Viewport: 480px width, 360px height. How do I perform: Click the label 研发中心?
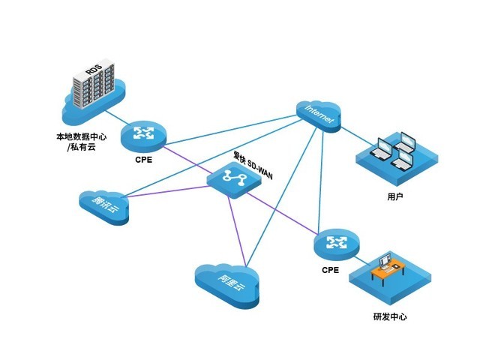(389, 316)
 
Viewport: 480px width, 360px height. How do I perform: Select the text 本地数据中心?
(82, 137)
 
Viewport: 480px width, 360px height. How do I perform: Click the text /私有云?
(82, 148)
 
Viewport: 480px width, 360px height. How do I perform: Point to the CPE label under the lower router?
(330, 269)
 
